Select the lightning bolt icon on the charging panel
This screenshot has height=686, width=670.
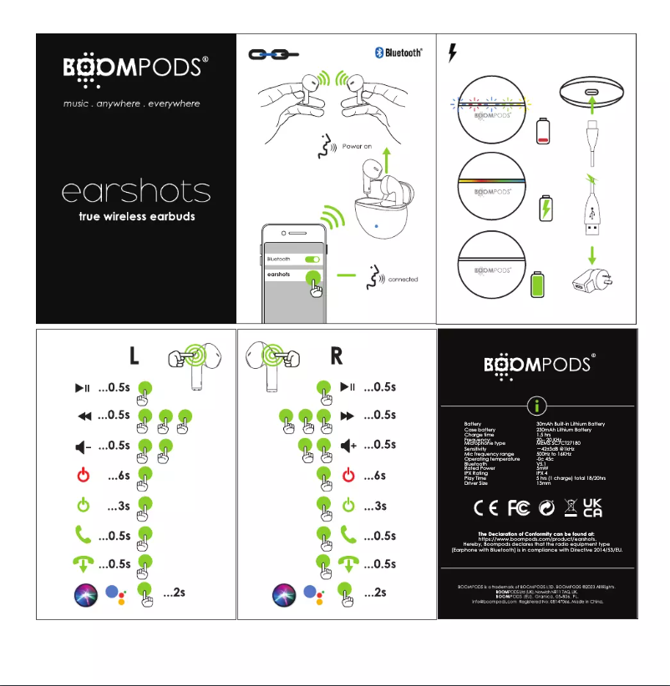[x=453, y=53]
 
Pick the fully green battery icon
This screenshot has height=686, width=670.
[x=539, y=282]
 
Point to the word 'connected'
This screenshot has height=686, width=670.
[x=403, y=279]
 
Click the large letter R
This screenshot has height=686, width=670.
[x=337, y=356]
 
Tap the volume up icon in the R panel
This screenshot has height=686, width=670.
[x=348, y=445]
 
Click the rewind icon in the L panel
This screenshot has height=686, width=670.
[x=83, y=415]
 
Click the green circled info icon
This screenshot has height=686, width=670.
[x=537, y=406]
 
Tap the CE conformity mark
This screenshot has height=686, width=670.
[x=486, y=507]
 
